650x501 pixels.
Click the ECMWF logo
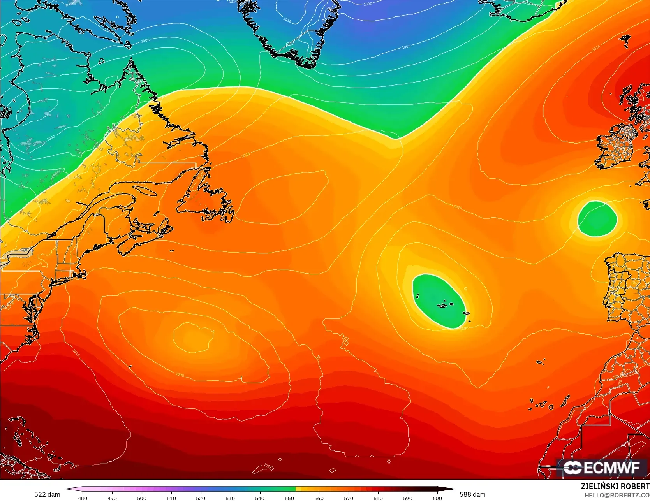tap(602, 468)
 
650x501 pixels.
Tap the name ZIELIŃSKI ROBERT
tap(615, 486)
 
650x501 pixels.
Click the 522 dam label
tap(47, 494)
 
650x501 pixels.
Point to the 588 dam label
tap(472, 494)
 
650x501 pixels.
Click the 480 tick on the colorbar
tap(83, 498)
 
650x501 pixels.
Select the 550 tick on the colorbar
tap(289, 498)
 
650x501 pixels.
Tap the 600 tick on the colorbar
tap(437, 498)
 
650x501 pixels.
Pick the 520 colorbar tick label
tap(201, 498)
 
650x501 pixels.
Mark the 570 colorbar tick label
tap(349, 498)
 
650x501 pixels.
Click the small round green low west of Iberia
tap(597, 219)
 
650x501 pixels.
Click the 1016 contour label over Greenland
tap(287, 20)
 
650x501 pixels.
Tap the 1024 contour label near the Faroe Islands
tap(596, 48)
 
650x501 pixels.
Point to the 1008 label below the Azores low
tap(464, 329)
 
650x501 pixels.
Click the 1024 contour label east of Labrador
tap(245, 155)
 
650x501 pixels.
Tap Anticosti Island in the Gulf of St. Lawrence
tap(147, 191)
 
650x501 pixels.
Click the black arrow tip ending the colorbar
tap(452, 489)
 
